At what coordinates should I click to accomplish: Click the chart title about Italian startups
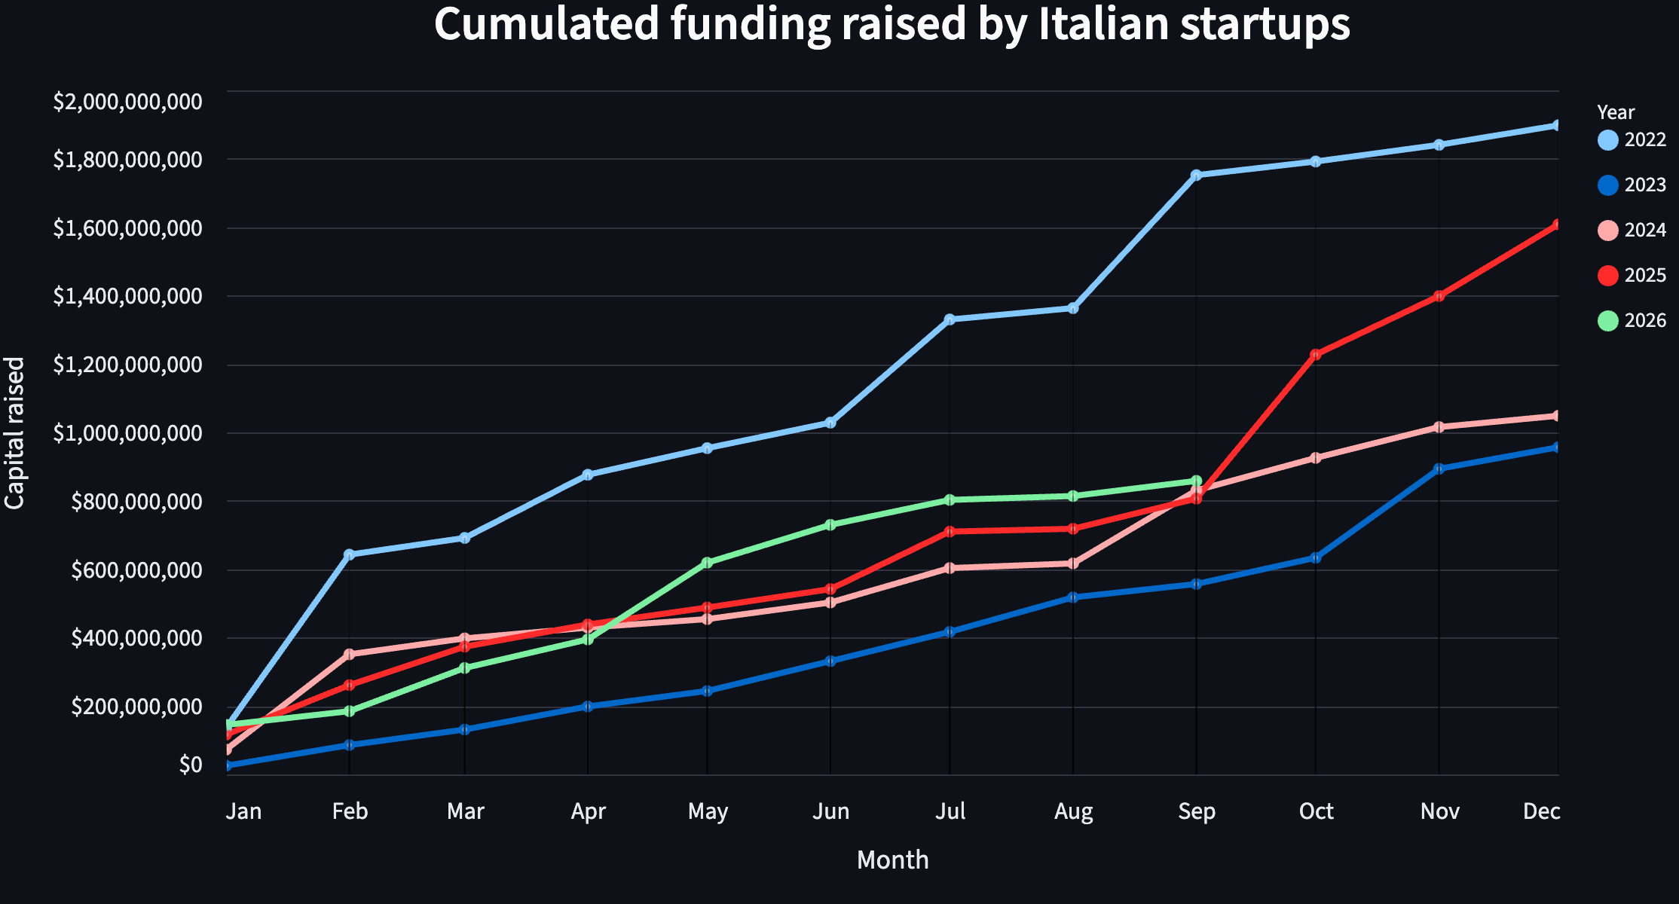[x=891, y=24]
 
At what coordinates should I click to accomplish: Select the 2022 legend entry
[x=1632, y=139]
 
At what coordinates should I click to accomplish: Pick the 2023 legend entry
[x=1632, y=185]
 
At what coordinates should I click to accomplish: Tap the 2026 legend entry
[x=1632, y=320]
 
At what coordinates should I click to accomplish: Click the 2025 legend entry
[x=1632, y=275]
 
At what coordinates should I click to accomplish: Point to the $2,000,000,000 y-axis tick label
[x=127, y=102]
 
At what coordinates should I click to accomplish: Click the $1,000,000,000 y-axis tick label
[x=127, y=433]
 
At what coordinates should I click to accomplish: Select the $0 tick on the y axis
[x=191, y=765]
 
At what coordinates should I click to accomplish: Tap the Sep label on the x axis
[x=1197, y=811]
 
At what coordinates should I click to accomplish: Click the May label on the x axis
[x=708, y=811]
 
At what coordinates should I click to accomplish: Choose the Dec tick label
[x=1541, y=811]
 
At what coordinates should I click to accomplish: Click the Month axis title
[x=892, y=860]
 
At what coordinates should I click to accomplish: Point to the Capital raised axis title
[x=15, y=433]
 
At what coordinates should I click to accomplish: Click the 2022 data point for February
[x=349, y=554]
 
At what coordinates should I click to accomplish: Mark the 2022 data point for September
[x=1196, y=175]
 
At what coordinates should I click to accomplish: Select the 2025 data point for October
[x=1316, y=354]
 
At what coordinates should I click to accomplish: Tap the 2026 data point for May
[x=707, y=563]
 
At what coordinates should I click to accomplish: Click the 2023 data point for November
[x=1439, y=469]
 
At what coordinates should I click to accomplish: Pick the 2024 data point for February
[x=349, y=654]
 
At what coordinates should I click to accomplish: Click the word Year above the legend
[x=1616, y=112]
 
